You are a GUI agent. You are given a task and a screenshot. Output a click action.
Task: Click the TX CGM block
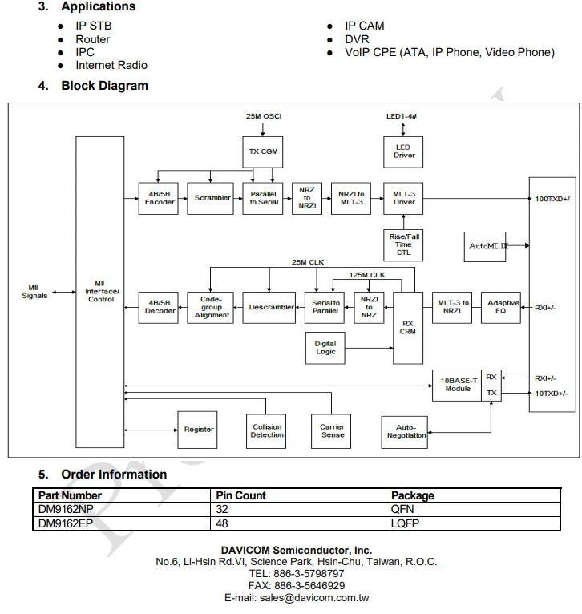[x=262, y=152]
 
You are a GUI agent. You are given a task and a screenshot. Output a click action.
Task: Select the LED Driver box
[x=403, y=152]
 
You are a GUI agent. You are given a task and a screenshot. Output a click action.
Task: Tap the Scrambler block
[x=210, y=198]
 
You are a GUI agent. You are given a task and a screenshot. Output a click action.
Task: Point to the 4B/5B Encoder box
[x=158, y=198]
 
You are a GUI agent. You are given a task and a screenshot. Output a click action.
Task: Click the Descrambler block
[x=269, y=307]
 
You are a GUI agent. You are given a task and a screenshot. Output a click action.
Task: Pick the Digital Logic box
[x=325, y=348]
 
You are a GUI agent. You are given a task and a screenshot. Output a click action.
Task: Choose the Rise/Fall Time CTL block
[x=403, y=245]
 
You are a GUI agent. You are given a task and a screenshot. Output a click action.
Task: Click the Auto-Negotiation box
[x=405, y=432]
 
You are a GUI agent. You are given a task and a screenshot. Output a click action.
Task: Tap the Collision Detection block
[x=266, y=431]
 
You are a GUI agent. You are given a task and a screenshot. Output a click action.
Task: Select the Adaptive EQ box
[x=501, y=307]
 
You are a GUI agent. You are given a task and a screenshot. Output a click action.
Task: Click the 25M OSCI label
[x=264, y=116]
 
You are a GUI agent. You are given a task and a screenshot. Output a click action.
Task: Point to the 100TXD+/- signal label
[x=553, y=199]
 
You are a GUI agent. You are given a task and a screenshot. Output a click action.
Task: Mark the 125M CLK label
[x=367, y=275]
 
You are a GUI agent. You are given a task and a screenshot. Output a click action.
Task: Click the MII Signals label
[x=34, y=292]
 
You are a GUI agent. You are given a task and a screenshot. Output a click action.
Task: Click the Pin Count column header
[x=240, y=495]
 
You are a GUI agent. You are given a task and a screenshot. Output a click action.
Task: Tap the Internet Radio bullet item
[x=111, y=65]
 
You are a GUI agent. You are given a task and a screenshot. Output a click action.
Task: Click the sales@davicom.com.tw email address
[x=314, y=598]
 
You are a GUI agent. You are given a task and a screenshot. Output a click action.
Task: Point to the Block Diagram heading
[x=104, y=85]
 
